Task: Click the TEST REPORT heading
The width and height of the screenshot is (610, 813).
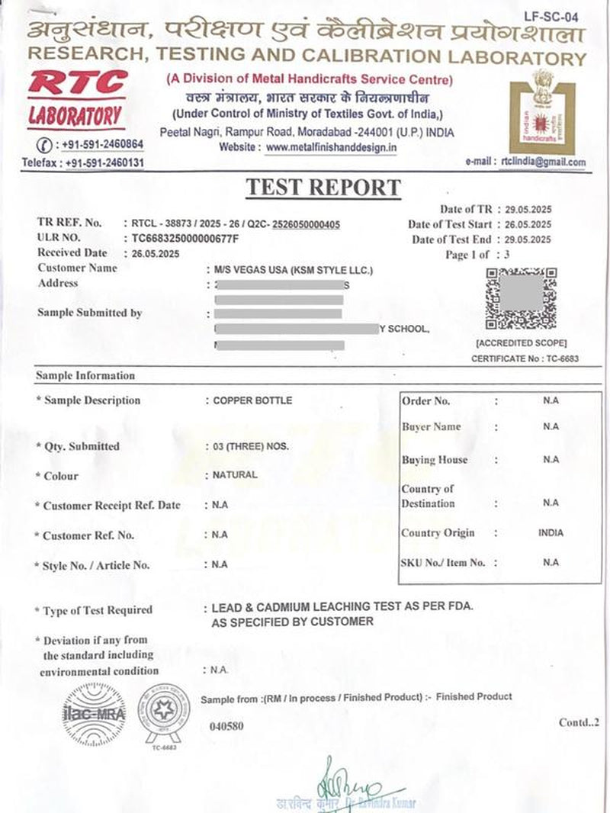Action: (323, 188)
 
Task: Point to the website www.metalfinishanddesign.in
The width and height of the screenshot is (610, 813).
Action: (331, 147)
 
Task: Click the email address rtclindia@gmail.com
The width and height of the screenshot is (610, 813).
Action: (543, 162)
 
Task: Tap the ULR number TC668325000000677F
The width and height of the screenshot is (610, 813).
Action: (185, 239)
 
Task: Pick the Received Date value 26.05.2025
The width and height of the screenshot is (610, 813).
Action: (156, 253)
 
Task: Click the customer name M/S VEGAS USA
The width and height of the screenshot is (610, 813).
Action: (294, 270)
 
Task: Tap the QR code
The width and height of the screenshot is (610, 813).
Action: (521, 298)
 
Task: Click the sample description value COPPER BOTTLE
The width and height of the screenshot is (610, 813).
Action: (252, 400)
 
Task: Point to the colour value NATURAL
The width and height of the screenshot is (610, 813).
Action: (236, 474)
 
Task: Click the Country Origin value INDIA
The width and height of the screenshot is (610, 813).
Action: (551, 533)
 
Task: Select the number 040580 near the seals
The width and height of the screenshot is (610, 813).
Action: (226, 726)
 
